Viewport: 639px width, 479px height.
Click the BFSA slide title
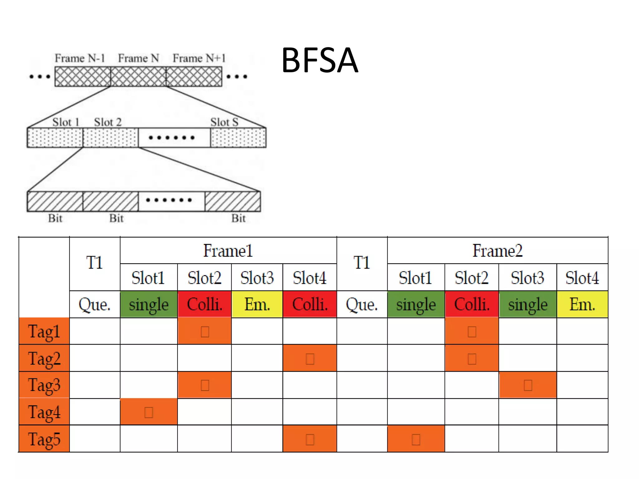pyautogui.click(x=319, y=60)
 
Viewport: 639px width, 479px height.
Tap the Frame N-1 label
pyautogui.click(x=80, y=58)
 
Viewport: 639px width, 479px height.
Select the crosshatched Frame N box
pyautogui.click(x=138, y=76)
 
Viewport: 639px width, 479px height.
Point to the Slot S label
pyautogui.click(x=224, y=122)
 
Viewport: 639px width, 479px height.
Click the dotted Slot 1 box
pyautogui.click(x=55, y=138)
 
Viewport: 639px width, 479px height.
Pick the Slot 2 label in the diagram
pyautogui.click(x=108, y=122)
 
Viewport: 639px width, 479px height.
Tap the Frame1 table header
pyautogui.click(x=228, y=250)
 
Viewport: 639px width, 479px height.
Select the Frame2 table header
pyautogui.click(x=497, y=250)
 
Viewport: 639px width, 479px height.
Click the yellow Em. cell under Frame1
pyautogui.click(x=257, y=304)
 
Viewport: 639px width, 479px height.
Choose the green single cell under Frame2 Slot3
pyautogui.click(x=528, y=304)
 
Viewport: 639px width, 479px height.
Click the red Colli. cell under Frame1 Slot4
pyautogui.click(x=310, y=304)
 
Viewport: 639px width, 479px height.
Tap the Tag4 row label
pyautogui.click(x=44, y=412)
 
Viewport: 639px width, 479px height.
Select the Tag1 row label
pyautogui.click(x=44, y=331)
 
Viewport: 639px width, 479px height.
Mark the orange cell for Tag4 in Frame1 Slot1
pyautogui.click(x=149, y=412)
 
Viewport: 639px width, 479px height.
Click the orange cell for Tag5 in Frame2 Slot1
pyautogui.click(x=416, y=439)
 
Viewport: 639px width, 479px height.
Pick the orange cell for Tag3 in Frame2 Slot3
pyautogui.click(x=528, y=385)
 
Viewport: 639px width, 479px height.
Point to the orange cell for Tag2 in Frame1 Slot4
pyautogui.click(x=310, y=358)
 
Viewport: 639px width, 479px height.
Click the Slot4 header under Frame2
pyautogui.click(x=582, y=278)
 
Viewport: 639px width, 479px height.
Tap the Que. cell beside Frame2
pyautogui.click(x=362, y=304)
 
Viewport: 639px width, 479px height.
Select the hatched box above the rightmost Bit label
pyautogui.click(x=232, y=201)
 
